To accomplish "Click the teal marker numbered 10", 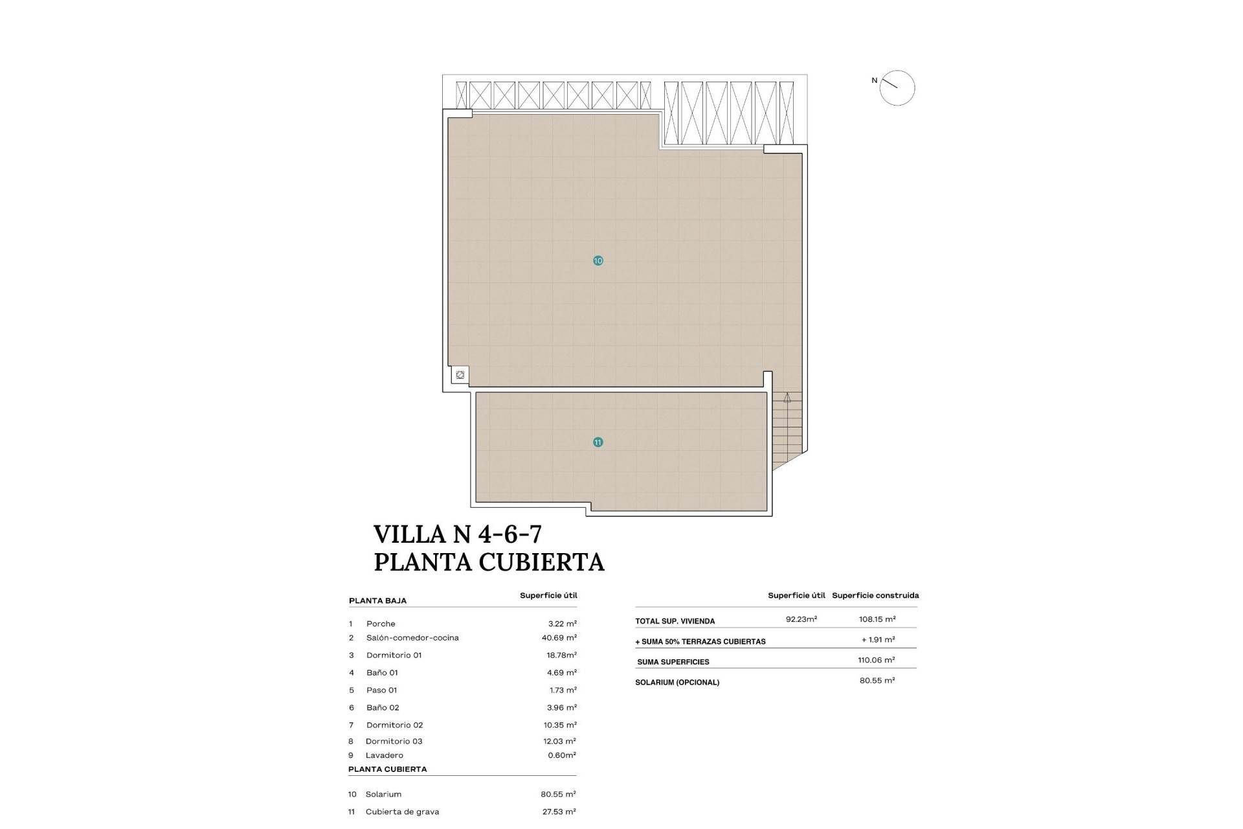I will tap(598, 260).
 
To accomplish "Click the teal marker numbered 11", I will tap(598, 442).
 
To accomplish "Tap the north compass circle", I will tap(897, 88).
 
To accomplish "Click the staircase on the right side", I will tap(787, 427).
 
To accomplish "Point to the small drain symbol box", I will tap(460, 375).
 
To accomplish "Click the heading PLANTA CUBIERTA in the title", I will tap(489, 562).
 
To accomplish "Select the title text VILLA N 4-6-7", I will tap(457, 534).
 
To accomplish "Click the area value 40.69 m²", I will tap(559, 638).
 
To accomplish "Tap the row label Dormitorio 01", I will tap(394, 655).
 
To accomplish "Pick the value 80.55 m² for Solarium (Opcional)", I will tap(877, 681).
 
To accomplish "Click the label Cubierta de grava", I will tap(402, 812).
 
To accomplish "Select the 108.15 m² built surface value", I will tap(877, 619).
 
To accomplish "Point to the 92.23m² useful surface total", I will tap(801, 619).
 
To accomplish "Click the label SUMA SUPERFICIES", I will tap(673, 662).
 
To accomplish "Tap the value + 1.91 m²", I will tap(878, 640).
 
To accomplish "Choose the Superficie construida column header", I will tap(875, 595).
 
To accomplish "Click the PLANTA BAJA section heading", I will tap(377, 601).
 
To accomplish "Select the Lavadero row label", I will tap(384, 755).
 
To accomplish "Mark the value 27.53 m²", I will tap(559, 812).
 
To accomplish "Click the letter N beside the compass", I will tap(874, 80).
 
